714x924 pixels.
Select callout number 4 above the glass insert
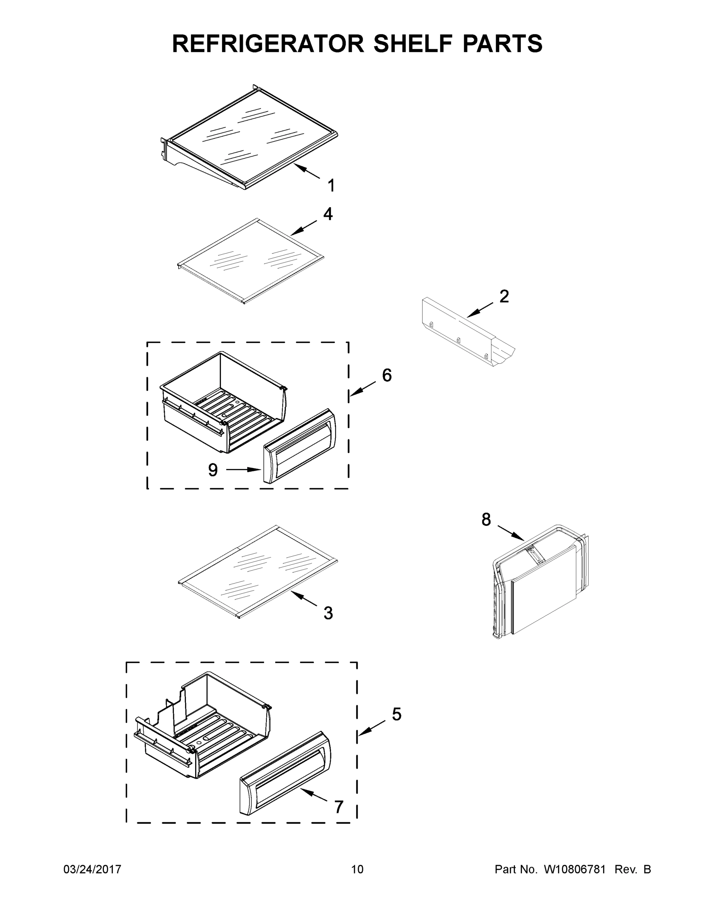(x=328, y=214)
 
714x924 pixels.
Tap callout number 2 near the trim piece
(x=504, y=296)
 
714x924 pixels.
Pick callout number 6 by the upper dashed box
(x=386, y=375)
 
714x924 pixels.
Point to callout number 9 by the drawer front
(x=213, y=470)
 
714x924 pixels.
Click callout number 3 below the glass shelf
(x=328, y=613)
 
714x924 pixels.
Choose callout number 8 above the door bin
(x=486, y=519)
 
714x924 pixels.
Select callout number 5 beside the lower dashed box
(x=396, y=715)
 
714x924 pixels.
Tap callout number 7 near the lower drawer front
(x=339, y=807)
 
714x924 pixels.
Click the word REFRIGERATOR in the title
(x=268, y=44)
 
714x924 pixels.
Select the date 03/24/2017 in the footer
(x=92, y=869)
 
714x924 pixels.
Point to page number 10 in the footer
(x=357, y=869)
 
